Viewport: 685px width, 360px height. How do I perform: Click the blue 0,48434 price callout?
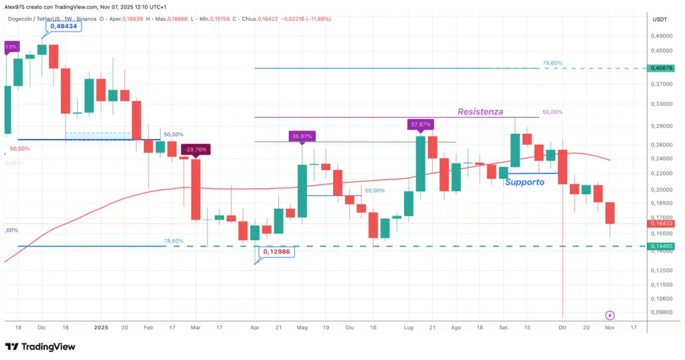[x=65, y=26]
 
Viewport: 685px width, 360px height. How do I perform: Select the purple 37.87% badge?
[x=421, y=124]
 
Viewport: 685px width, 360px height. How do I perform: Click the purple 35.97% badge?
[x=302, y=136]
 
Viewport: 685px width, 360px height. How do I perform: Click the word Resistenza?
[x=480, y=112]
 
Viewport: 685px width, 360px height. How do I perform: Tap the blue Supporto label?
[x=524, y=182]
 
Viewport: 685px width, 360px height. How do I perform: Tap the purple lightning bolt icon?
[x=609, y=315]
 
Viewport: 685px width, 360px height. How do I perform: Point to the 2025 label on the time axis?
[x=101, y=328]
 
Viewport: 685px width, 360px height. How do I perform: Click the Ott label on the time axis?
[x=562, y=328]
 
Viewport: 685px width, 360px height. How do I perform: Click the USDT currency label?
[x=660, y=20]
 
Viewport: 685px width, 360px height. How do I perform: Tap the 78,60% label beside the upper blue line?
[x=553, y=63]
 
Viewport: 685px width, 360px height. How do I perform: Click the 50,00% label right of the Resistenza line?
[x=553, y=112]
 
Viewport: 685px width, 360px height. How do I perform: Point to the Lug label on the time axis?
[x=409, y=328]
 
